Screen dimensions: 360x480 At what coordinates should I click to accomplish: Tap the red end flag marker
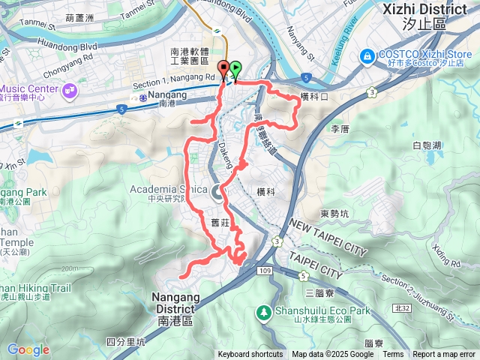coord(223,69)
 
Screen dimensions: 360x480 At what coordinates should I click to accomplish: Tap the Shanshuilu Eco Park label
coord(316,311)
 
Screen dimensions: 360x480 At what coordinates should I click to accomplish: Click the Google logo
coord(28,349)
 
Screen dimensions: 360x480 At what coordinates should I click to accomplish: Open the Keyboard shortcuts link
coord(250,355)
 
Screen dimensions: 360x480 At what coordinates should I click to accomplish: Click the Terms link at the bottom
coord(393,355)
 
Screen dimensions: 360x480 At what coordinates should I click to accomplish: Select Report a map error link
coord(444,355)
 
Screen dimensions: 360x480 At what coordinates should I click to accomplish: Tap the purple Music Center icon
coord(70,91)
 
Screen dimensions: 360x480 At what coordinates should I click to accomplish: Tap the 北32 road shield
coord(401,308)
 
